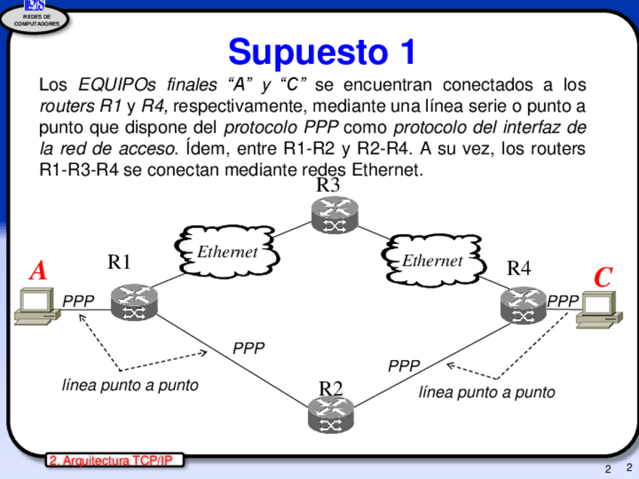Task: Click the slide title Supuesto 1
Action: click(x=322, y=51)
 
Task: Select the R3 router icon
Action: click(x=335, y=215)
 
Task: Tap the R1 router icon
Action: click(x=134, y=303)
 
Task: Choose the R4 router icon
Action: click(x=523, y=305)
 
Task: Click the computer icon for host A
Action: click(x=33, y=308)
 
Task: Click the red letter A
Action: click(x=38, y=271)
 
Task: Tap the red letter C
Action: click(x=602, y=277)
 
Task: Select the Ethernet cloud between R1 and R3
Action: click(x=226, y=252)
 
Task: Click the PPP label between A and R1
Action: click(x=78, y=301)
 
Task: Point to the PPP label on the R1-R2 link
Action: click(x=249, y=348)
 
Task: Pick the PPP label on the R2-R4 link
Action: click(x=404, y=366)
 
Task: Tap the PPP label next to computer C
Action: click(x=563, y=301)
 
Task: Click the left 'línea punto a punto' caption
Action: click(x=130, y=385)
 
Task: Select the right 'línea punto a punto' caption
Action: click(x=486, y=392)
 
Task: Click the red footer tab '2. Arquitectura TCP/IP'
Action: click(x=115, y=460)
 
